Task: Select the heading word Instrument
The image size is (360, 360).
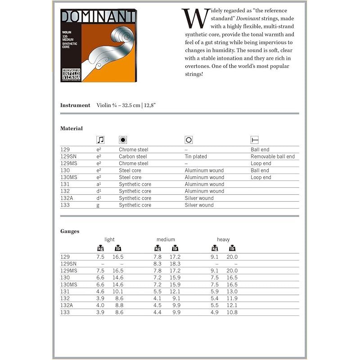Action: (x=75, y=105)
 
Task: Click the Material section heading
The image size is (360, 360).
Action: (x=72, y=129)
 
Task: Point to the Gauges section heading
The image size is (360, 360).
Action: (x=70, y=231)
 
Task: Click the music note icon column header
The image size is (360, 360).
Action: (x=100, y=140)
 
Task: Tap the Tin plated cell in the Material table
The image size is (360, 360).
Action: (x=196, y=157)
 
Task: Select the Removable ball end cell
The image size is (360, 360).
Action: (x=273, y=157)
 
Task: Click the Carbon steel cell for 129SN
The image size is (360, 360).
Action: (x=133, y=157)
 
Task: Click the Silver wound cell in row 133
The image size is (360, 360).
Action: (x=199, y=205)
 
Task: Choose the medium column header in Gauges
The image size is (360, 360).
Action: (x=166, y=239)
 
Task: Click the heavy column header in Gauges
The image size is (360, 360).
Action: (x=223, y=239)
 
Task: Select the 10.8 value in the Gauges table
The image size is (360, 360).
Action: (x=231, y=312)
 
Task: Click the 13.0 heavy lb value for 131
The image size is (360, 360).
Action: (x=231, y=292)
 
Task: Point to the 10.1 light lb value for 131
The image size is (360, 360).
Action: (x=118, y=292)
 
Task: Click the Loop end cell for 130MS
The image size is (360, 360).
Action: (x=261, y=177)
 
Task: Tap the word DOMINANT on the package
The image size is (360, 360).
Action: (x=98, y=18)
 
